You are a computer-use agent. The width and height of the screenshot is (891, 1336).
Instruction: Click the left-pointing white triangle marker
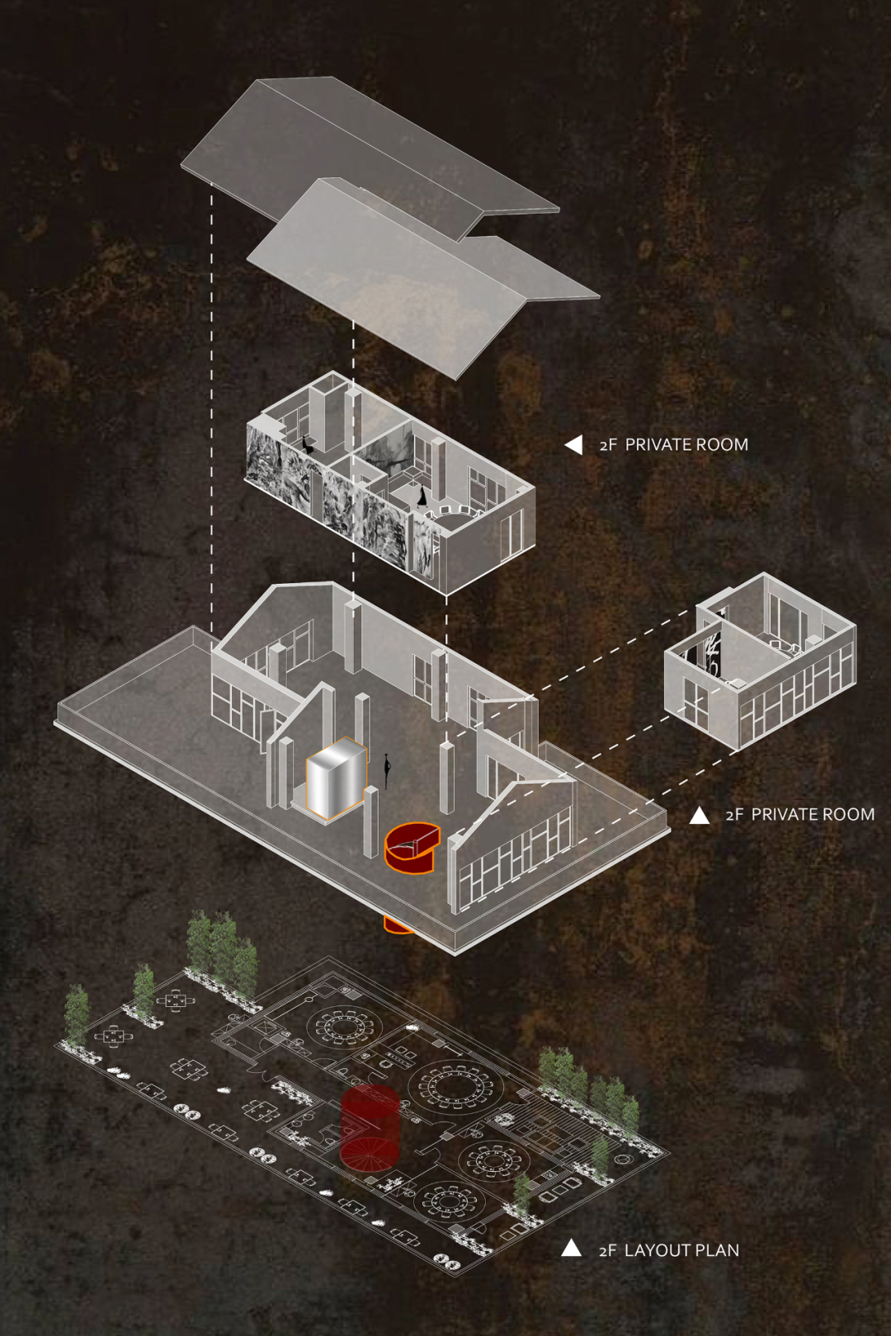click(x=573, y=445)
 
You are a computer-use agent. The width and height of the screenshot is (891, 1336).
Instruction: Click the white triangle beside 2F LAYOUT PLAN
click(x=571, y=1248)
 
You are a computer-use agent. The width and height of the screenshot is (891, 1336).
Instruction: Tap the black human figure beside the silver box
click(x=386, y=770)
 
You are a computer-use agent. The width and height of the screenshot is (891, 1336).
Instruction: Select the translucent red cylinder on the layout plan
click(x=370, y=1127)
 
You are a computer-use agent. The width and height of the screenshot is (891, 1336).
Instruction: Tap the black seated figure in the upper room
click(x=309, y=445)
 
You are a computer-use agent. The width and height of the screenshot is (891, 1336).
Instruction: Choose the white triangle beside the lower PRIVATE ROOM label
click(x=700, y=816)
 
